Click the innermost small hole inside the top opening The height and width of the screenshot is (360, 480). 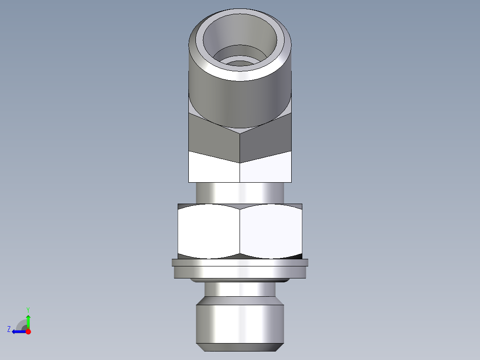tap(240, 62)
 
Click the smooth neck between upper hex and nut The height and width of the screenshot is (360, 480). tap(240, 193)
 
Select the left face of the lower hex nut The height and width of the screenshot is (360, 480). tap(208, 231)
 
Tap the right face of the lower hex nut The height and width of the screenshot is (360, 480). tap(271, 231)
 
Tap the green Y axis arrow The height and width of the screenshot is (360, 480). tap(28, 321)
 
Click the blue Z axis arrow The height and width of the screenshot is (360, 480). tap(18, 331)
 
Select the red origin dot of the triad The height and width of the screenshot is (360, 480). tap(28, 331)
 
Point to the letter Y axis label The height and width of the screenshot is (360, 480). tap(28, 309)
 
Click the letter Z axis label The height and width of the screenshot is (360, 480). tap(9, 329)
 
